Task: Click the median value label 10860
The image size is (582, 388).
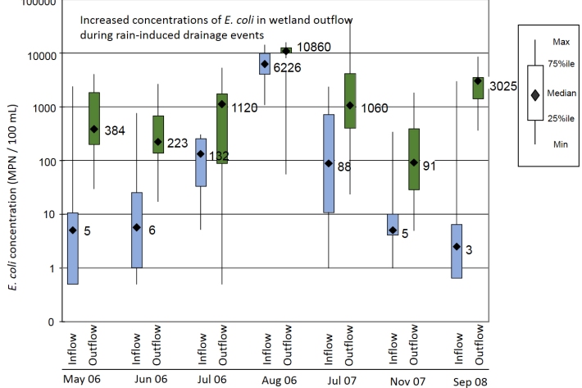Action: [x=314, y=47]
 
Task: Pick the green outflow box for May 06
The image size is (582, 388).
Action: [x=93, y=118]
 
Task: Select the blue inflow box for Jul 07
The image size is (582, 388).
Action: [x=329, y=163]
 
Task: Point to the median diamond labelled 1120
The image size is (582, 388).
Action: [x=221, y=104]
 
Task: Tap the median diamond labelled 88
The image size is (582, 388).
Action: [x=329, y=163]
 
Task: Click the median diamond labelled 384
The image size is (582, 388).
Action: [x=93, y=129]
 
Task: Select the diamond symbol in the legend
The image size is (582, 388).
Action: [x=534, y=94]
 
